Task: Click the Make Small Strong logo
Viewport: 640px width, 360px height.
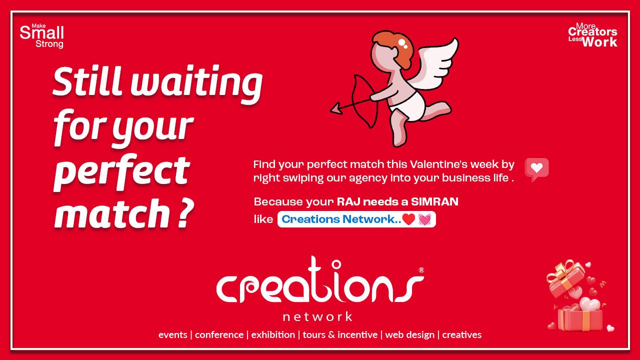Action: tap(41, 35)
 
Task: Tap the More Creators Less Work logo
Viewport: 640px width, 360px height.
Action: tap(592, 35)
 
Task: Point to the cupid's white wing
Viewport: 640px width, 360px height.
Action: tap(434, 65)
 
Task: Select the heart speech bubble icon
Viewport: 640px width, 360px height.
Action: tap(536, 169)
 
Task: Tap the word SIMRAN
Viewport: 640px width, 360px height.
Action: tap(434, 201)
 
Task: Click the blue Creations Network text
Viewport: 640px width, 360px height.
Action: tap(341, 219)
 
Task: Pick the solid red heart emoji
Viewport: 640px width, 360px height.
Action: tap(408, 219)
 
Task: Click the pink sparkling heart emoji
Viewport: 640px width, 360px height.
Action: tap(424, 219)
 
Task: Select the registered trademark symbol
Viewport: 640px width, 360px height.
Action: tap(421, 270)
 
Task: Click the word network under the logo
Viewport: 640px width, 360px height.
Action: tap(317, 316)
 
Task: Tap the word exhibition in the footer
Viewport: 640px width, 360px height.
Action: tap(273, 334)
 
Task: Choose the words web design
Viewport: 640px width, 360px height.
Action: tap(409, 335)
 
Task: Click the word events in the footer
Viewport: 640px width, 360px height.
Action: tap(173, 335)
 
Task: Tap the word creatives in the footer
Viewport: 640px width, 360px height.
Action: tap(461, 334)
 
